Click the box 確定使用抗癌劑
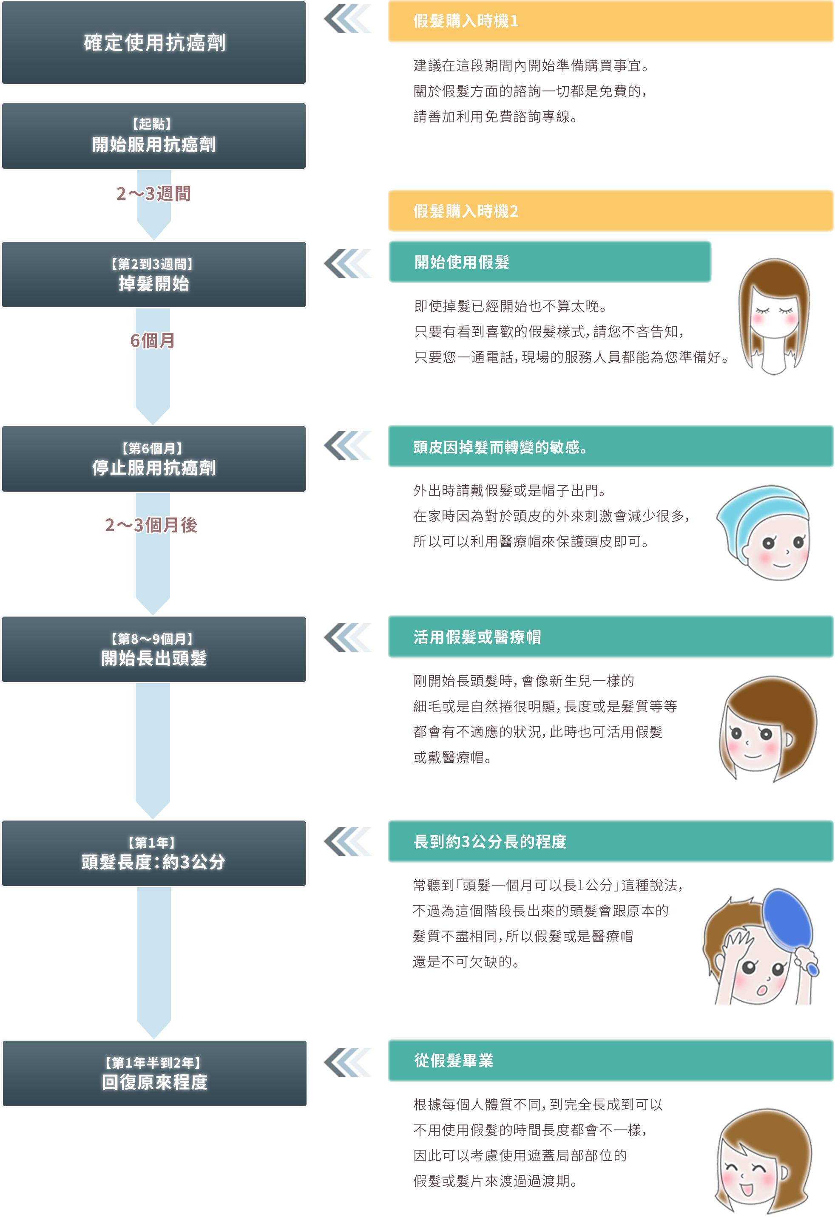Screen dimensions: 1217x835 coord(154,43)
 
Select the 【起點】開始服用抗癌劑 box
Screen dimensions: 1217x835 coord(154,136)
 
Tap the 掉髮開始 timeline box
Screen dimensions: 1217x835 coord(154,275)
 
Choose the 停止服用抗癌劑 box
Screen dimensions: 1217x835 coord(154,459)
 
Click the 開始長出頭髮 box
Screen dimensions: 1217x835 coord(154,649)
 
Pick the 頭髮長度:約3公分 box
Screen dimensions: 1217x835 coord(154,853)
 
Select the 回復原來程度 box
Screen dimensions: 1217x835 coord(154,1073)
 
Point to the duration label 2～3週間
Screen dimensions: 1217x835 coord(153,194)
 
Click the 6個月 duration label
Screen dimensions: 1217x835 coord(153,341)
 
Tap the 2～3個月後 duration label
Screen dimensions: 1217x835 coord(151,525)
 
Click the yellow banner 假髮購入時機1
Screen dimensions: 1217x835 coord(610,21)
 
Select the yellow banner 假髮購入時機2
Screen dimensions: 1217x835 coord(610,211)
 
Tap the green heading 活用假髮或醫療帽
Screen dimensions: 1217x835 coord(610,637)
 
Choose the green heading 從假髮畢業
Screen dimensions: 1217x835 coord(610,1061)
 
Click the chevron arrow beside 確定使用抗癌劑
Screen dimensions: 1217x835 coord(347,19)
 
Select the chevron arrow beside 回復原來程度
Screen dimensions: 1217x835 coord(347,1062)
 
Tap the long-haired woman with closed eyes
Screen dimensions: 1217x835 coord(773,316)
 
